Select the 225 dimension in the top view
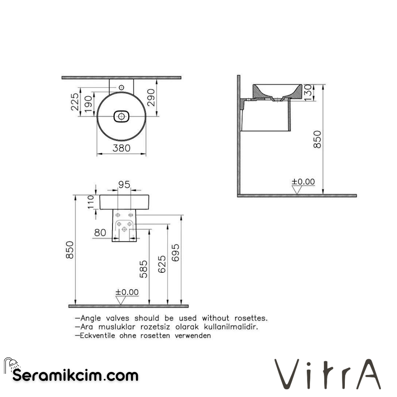pyautogui.click(x=75, y=101)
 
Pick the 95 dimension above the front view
pyautogui.click(x=124, y=185)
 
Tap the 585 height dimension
pyautogui.click(x=144, y=269)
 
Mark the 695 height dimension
pyautogui.click(x=176, y=253)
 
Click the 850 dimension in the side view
pyautogui.click(x=317, y=139)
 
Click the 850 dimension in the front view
pyautogui.click(x=70, y=250)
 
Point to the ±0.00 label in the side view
pyautogui.click(x=303, y=182)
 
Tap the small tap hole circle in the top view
pyautogui.click(x=121, y=87)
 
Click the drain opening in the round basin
pyautogui.click(x=121, y=117)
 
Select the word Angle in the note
pyautogui.click(x=91, y=318)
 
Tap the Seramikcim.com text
pyautogui.click(x=75, y=375)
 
